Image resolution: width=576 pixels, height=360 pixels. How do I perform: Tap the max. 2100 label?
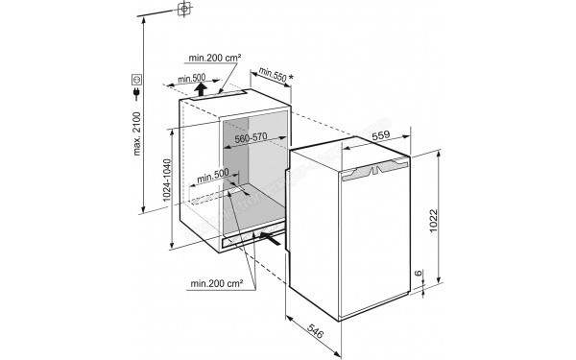[137, 132]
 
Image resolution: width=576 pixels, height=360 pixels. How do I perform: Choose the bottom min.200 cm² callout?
[214, 283]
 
